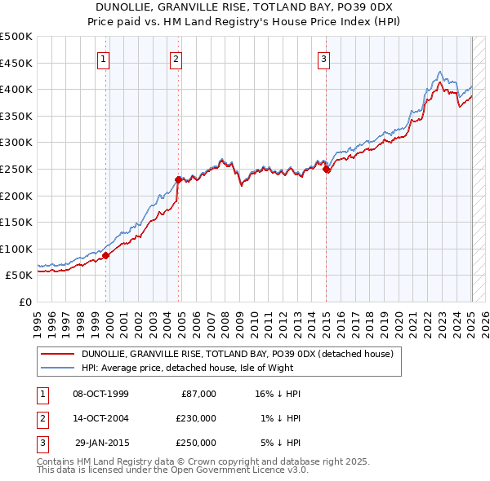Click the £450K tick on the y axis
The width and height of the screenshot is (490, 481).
point(16,63)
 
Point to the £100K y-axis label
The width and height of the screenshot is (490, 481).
point(16,249)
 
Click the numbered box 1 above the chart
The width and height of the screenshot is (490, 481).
point(104,58)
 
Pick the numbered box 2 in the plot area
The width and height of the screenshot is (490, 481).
point(176,58)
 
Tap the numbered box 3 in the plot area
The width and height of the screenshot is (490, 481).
point(323,58)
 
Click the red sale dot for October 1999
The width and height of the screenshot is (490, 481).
point(105,255)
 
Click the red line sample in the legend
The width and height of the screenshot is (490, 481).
point(59,354)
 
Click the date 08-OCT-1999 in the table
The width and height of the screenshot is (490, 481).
point(100,394)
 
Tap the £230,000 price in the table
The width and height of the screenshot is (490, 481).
point(196,418)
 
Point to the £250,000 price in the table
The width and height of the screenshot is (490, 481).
point(196,443)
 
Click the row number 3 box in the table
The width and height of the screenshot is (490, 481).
point(42,443)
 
